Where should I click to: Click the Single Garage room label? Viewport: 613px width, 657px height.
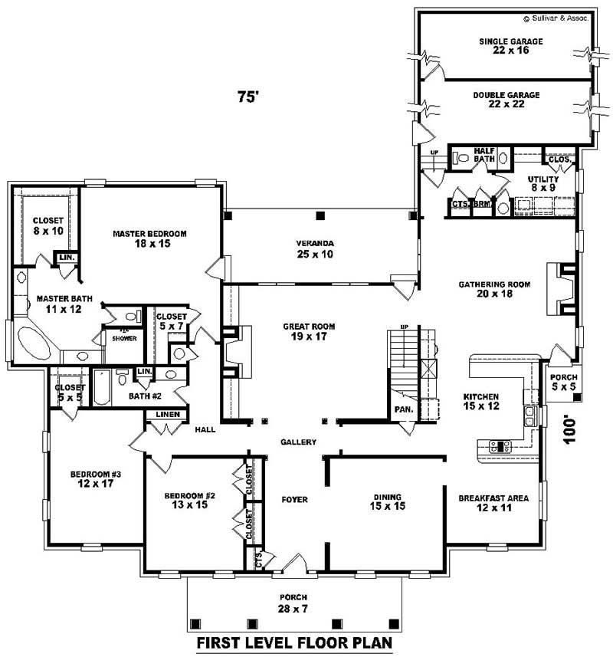[511, 46]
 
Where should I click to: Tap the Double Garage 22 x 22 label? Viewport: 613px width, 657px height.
[506, 100]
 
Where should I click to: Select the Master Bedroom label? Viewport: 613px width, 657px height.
[150, 238]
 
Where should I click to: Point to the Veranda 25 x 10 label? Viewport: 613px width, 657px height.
[316, 249]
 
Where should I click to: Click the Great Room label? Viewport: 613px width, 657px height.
[309, 331]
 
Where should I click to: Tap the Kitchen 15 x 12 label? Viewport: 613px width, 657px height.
[481, 402]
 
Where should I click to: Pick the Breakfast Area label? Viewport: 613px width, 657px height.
[493, 503]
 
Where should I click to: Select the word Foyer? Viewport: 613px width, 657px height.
[294, 500]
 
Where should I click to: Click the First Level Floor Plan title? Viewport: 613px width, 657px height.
[295, 642]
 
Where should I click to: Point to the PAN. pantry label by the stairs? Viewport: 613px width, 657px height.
[404, 410]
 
